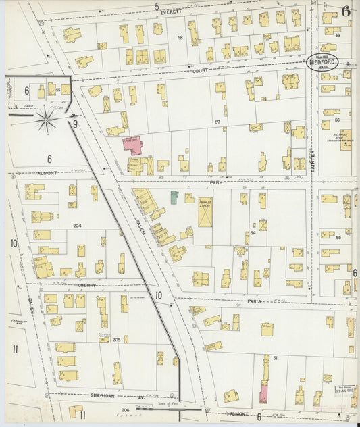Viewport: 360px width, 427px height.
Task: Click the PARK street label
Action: (x=215, y=182)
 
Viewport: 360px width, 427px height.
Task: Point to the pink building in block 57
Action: (x=130, y=145)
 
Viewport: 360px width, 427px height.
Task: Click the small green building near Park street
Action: (x=174, y=197)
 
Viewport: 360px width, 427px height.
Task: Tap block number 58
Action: (x=180, y=37)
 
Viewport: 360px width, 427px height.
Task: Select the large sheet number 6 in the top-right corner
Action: (x=346, y=10)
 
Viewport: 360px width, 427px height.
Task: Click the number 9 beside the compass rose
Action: (x=75, y=124)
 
